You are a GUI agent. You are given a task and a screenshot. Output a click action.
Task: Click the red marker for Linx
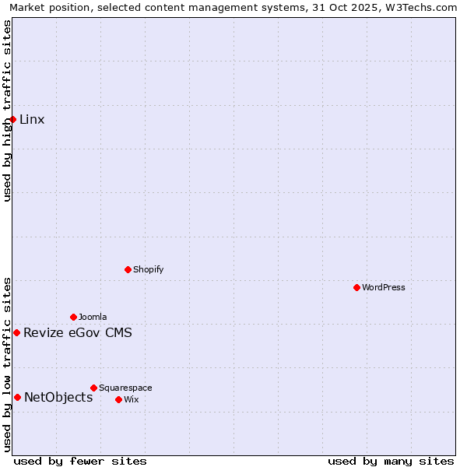tap(13, 119)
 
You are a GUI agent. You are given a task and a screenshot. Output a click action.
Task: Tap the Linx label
tap(32, 119)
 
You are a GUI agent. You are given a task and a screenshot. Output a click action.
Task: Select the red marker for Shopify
tap(128, 269)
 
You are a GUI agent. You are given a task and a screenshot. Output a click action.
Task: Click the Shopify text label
tap(148, 269)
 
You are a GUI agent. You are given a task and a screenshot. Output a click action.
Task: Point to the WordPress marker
tap(356, 287)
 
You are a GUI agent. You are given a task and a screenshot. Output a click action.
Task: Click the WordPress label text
tap(384, 287)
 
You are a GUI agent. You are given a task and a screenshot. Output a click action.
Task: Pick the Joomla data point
tap(74, 317)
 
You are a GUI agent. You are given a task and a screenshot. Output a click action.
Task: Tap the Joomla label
tap(93, 317)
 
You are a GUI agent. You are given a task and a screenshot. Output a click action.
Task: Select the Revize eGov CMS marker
tap(16, 332)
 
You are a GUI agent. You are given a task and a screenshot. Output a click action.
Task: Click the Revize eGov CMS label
tap(78, 333)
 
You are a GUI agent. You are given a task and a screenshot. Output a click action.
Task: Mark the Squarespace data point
tap(93, 388)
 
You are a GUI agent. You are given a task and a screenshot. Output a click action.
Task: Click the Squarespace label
tap(125, 388)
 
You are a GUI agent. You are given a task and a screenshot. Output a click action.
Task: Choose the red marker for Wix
tap(118, 399)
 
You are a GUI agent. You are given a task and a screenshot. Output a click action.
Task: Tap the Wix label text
tap(131, 399)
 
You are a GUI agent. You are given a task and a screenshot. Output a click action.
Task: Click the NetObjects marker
tap(17, 397)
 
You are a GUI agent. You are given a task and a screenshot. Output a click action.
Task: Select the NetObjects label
tap(58, 398)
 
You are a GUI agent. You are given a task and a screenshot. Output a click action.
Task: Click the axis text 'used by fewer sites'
tap(80, 461)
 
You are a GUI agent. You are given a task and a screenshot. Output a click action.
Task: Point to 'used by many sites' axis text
tap(391, 461)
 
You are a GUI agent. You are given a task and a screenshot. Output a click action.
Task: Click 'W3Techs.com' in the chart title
tap(423, 7)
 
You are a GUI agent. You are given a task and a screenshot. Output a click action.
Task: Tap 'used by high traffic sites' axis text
tap(7, 111)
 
